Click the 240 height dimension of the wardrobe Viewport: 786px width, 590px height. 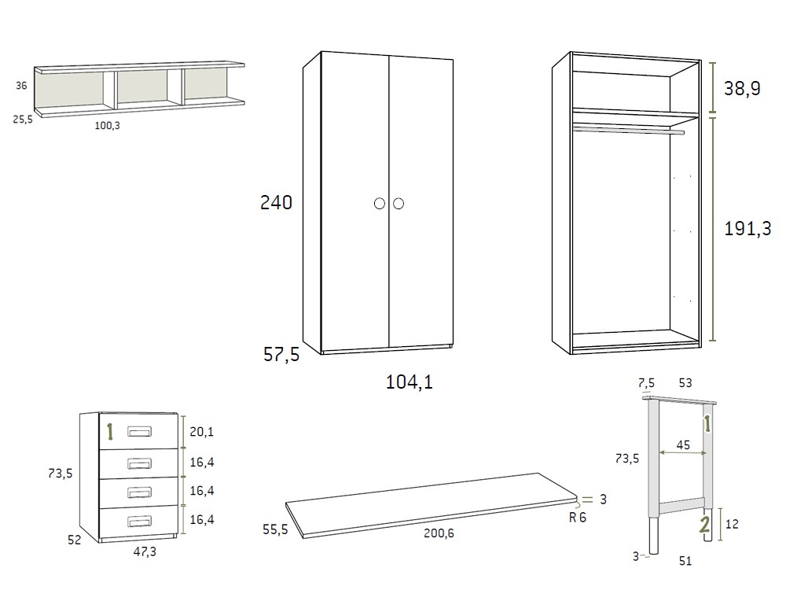[x=276, y=203]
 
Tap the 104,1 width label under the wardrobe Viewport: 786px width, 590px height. [x=410, y=382]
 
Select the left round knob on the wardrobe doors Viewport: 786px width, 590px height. [x=380, y=204]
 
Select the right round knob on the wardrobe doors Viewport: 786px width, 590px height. [x=398, y=204]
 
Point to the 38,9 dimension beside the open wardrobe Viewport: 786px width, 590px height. [x=742, y=89]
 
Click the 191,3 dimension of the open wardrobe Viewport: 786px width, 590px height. [x=747, y=229]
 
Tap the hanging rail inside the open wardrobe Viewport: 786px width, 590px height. [x=629, y=131]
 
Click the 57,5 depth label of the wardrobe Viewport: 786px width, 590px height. [x=281, y=355]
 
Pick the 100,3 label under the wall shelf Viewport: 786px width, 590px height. [x=107, y=125]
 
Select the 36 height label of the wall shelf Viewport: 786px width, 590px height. [x=22, y=87]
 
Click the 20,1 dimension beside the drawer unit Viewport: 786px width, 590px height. [x=201, y=431]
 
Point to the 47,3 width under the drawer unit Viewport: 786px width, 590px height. [x=144, y=552]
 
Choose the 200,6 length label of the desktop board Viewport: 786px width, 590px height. [x=439, y=533]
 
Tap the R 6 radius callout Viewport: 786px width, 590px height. [x=578, y=518]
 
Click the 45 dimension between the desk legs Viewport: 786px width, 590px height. [x=683, y=445]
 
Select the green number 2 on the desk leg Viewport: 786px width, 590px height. [x=706, y=525]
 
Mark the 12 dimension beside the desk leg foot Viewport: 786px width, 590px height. [x=732, y=524]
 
